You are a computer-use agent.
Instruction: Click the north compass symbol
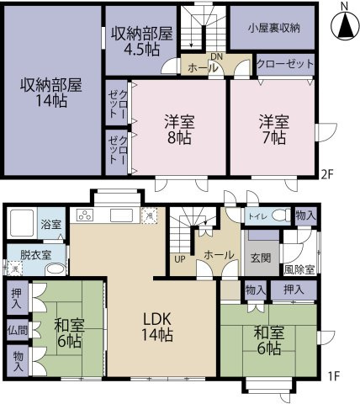pos(345,24)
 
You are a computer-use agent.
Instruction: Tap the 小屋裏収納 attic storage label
pos(273,29)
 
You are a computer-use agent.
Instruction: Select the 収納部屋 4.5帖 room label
pos(141,41)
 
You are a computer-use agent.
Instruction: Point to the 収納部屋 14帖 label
pos(51,93)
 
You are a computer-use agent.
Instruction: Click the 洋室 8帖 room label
pos(179,129)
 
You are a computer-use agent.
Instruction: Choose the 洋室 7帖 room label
pos(274,129)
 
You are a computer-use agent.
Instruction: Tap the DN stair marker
pos(216,56)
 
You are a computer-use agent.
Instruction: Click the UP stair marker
pos(180,259)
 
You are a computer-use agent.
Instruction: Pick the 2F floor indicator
pos(326,175)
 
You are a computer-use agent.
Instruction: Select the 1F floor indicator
pos(334,375)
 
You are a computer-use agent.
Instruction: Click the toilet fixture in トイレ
pos(281,215)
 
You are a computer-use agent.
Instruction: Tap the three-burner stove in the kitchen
pos(86,215)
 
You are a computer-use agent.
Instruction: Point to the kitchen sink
pos(121,215)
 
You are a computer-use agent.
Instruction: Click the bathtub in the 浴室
pos(22,223)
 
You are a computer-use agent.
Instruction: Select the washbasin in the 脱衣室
pos(56,269)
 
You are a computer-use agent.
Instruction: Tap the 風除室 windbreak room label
pos(299,269)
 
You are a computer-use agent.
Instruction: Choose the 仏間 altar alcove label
pos(18,330)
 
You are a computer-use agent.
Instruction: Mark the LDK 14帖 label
pos(157,327)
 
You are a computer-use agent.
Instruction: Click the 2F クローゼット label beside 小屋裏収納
pos(285,64)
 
